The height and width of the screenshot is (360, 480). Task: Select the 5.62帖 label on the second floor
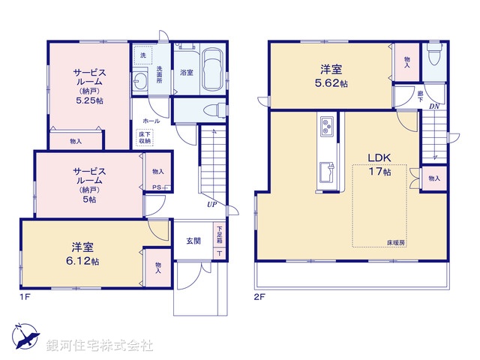pos(331,83)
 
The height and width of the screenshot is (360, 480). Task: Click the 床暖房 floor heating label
pos(396,242)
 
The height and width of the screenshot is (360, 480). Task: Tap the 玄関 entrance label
pos(193,241)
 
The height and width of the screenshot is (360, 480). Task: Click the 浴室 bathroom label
pos(186,73)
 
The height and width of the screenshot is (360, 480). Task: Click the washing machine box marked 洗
pos(142,55)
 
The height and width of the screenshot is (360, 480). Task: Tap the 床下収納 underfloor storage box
pos(143,137)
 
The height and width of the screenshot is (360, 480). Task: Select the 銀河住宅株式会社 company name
pos(99,346)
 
